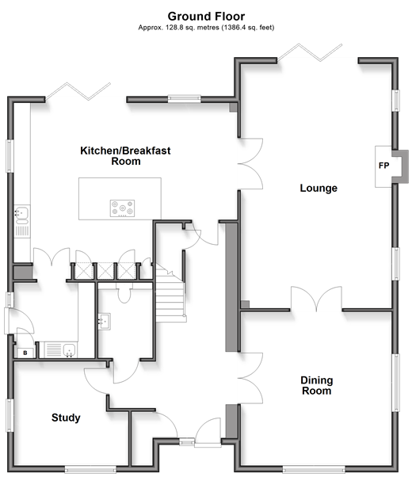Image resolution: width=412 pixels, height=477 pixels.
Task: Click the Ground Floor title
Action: point(206,16)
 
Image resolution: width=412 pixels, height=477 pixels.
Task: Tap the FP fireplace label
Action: point(383,166)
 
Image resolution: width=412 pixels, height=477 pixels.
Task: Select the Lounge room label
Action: point(319,188)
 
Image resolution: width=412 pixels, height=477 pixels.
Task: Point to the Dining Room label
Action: point(317,385)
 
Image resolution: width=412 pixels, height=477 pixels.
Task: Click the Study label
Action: point(66,418)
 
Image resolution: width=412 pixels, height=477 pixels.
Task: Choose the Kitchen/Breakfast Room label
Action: point(125,156)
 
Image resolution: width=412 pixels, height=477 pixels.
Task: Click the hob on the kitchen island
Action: point(122,208)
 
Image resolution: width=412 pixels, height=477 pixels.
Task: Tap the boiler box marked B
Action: point(25,353)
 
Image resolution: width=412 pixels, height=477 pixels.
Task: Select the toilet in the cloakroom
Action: point(124,292)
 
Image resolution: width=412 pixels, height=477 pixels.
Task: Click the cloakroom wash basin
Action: point(105,322)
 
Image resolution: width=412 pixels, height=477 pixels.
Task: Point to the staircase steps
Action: point(170,293)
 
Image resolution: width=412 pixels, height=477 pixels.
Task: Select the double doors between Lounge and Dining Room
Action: point(316,299)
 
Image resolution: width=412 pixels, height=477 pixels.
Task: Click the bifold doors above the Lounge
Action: point(311,52)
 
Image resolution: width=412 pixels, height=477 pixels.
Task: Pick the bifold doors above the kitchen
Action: point(78,91)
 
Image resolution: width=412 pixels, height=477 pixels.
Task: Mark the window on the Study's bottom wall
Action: point(90,469)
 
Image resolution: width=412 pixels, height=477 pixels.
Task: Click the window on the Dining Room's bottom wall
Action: point(314,469)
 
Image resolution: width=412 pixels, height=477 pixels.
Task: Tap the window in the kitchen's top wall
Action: point(185,98)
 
